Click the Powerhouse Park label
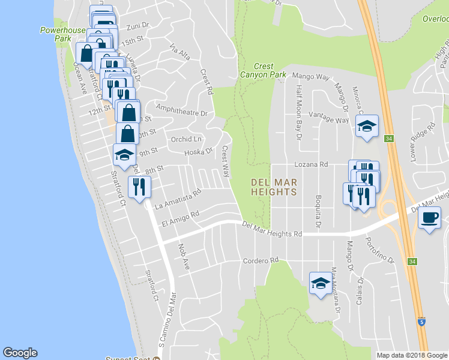tap(55, 34)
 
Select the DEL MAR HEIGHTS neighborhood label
tap(274, 187)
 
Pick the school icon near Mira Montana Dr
tap(320, 283)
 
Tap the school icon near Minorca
tap(367, 127)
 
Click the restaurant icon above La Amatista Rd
tap(139, 187)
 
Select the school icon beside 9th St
tap(124, 155)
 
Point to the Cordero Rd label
tap(261, 260)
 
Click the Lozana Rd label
tap(311, 164)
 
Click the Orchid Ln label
tap(185, 139)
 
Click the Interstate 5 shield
tap(422, 322)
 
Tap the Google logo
tap(20, 353)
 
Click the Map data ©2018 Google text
tap(412, 355)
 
